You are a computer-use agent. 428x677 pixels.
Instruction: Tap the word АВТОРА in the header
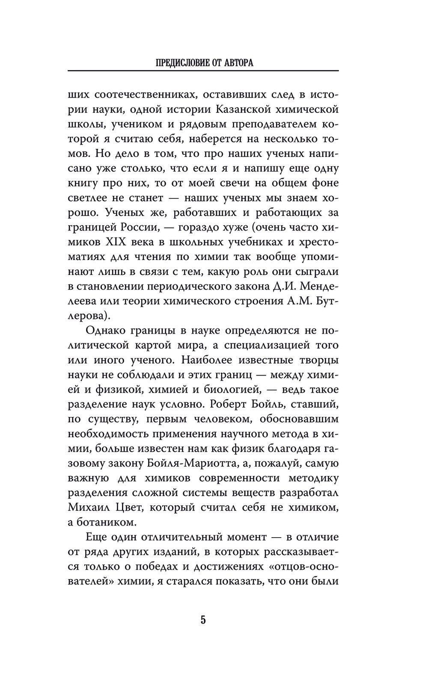point(238,63)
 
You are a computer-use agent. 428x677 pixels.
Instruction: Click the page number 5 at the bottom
point(203,620)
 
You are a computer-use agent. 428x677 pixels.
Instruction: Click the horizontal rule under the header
point(203,71)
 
